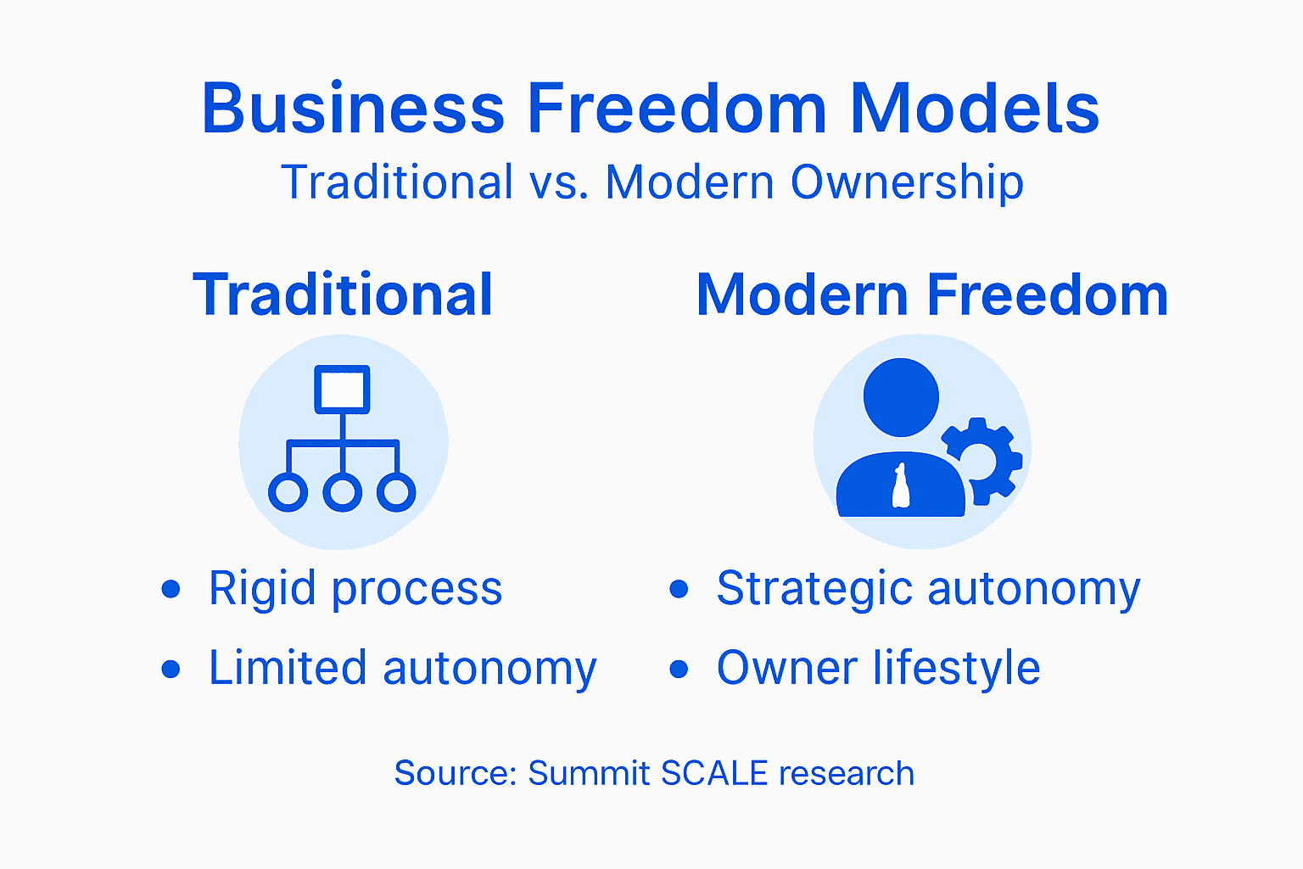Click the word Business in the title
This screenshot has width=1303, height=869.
[353, 109]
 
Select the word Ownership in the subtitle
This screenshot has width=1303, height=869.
[907, 182]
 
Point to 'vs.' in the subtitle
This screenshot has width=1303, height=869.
[559, 182]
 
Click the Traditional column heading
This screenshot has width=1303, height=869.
[343, 295]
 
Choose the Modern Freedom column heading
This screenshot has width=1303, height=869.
[931, 295]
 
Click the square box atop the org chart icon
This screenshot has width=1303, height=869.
[342, 390]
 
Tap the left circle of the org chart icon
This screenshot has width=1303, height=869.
[288, 492]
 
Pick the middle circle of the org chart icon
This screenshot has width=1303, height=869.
[342, 492]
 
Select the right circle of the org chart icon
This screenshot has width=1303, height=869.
[396, 492]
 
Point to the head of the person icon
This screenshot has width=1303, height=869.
[901, 397]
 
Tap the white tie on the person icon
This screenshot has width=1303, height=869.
[900, 487]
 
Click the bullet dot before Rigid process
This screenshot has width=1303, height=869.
[171, 588]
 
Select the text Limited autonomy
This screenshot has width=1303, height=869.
[403, 668]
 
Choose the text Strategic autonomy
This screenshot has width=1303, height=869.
[928, 588]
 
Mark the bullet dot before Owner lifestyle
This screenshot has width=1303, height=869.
[679, 669]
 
